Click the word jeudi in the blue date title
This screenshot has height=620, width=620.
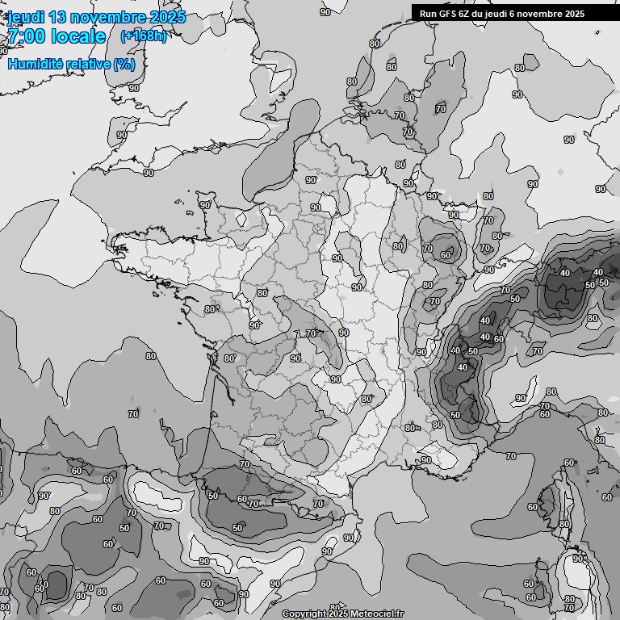(x=25, y=17)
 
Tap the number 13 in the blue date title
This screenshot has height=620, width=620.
(x=58, y=17)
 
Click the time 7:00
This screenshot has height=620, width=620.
(x=26, y=36)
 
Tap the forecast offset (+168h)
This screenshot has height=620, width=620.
(x=144, y=36)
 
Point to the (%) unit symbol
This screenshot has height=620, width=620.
(x=124, y=64)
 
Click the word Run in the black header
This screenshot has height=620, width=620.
(x=428, y=13)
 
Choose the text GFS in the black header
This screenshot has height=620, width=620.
(x=447, y=13)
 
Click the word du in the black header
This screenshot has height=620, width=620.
(x=480, y=13)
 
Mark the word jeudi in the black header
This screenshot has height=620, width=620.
(x=500, y=13)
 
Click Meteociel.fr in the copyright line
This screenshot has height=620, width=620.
(x=379, y=614)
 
